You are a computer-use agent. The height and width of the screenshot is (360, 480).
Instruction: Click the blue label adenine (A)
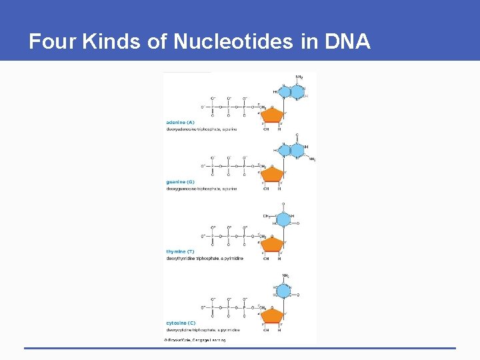(x=180, y=122)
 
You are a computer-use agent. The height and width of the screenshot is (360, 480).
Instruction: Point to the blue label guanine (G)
(x=180, y=181)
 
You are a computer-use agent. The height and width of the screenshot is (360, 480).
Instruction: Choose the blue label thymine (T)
(x=180, y=251)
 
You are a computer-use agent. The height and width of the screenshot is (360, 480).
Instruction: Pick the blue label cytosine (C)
(x=181, y=323)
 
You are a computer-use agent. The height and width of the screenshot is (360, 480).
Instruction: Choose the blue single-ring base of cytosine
(x=284, y=291)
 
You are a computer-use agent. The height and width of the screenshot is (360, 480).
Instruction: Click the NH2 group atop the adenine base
(x=299, y=77)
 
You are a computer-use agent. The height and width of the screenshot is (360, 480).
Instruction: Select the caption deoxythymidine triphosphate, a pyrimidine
(x=205, y=259)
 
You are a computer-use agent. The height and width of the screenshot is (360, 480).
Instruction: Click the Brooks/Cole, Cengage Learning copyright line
(x=195, y=340)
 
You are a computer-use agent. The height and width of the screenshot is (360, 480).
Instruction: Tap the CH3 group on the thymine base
(x=267, y=215)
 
